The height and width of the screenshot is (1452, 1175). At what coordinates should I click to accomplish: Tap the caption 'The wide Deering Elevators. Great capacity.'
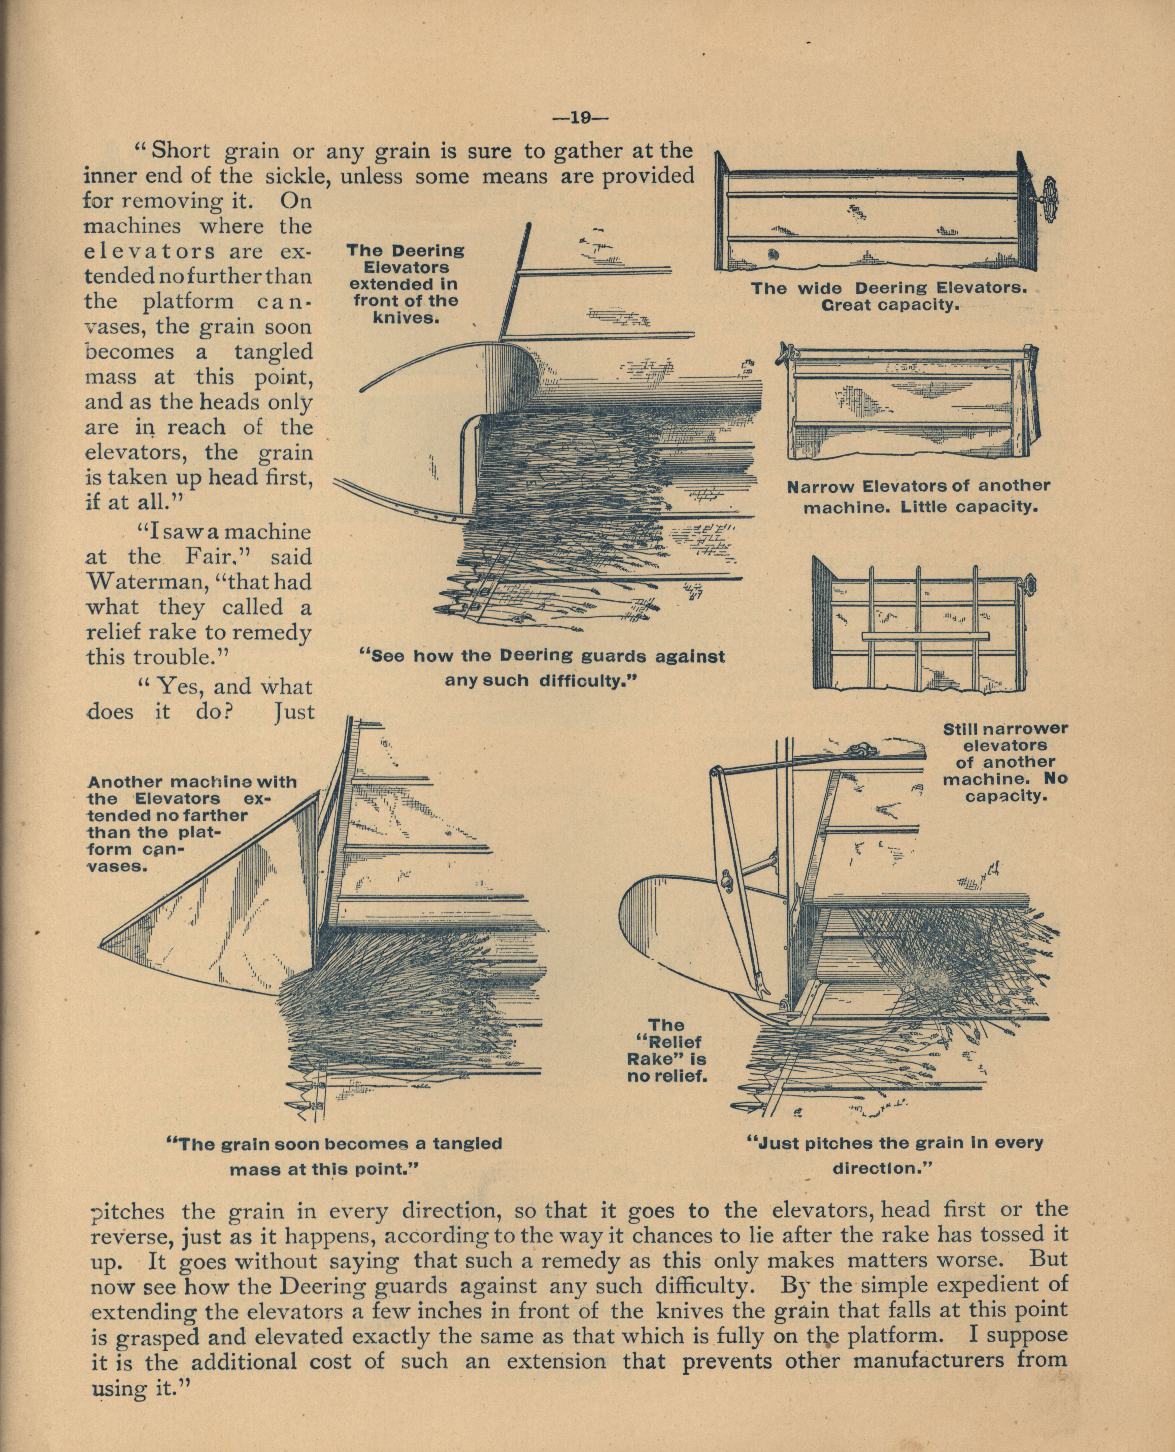click(889, 296)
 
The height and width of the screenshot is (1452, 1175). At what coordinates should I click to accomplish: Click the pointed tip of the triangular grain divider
click(103, 941)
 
